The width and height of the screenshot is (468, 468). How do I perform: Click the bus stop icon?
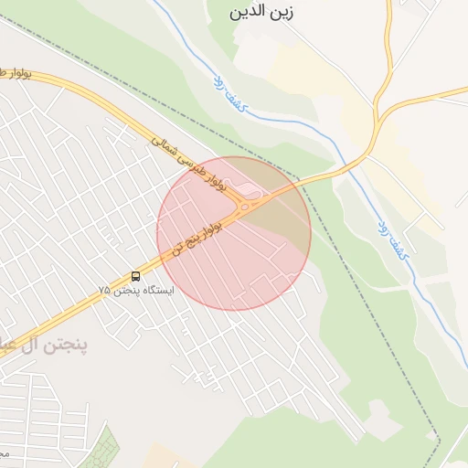click(x=136, y=276)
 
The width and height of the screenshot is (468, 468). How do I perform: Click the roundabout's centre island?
click(x=246, y=207)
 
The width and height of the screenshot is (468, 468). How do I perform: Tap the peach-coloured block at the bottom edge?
click(x=165, y=457)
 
